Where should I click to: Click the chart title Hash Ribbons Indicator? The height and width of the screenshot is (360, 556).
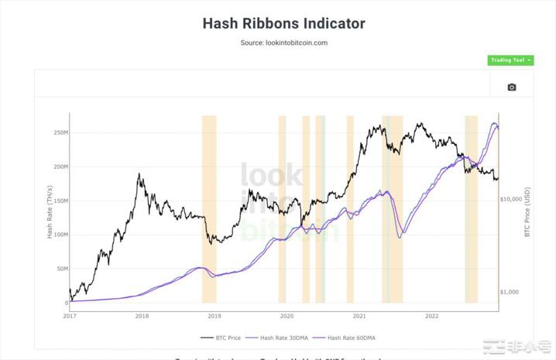click(283, 23)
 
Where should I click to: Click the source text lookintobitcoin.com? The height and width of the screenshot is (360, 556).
click(283, 43)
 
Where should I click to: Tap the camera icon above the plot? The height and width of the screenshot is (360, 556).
click(511, 87)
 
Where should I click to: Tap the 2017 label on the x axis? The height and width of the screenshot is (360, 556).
click(70, 316)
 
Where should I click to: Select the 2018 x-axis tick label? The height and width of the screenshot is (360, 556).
click(142, 316)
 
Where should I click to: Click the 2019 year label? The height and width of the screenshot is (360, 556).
click(215, 316)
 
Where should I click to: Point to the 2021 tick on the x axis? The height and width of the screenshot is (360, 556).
click(359, 316)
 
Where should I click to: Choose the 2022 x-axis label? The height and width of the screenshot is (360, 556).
click(431, 316)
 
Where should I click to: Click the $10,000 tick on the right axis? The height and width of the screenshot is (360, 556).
click(513, 199)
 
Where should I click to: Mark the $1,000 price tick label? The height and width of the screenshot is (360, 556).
click(512, 292)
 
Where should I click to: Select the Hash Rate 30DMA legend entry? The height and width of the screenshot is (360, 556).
click(287, 338)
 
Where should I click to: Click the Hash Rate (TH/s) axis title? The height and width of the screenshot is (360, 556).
click(50, 211)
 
